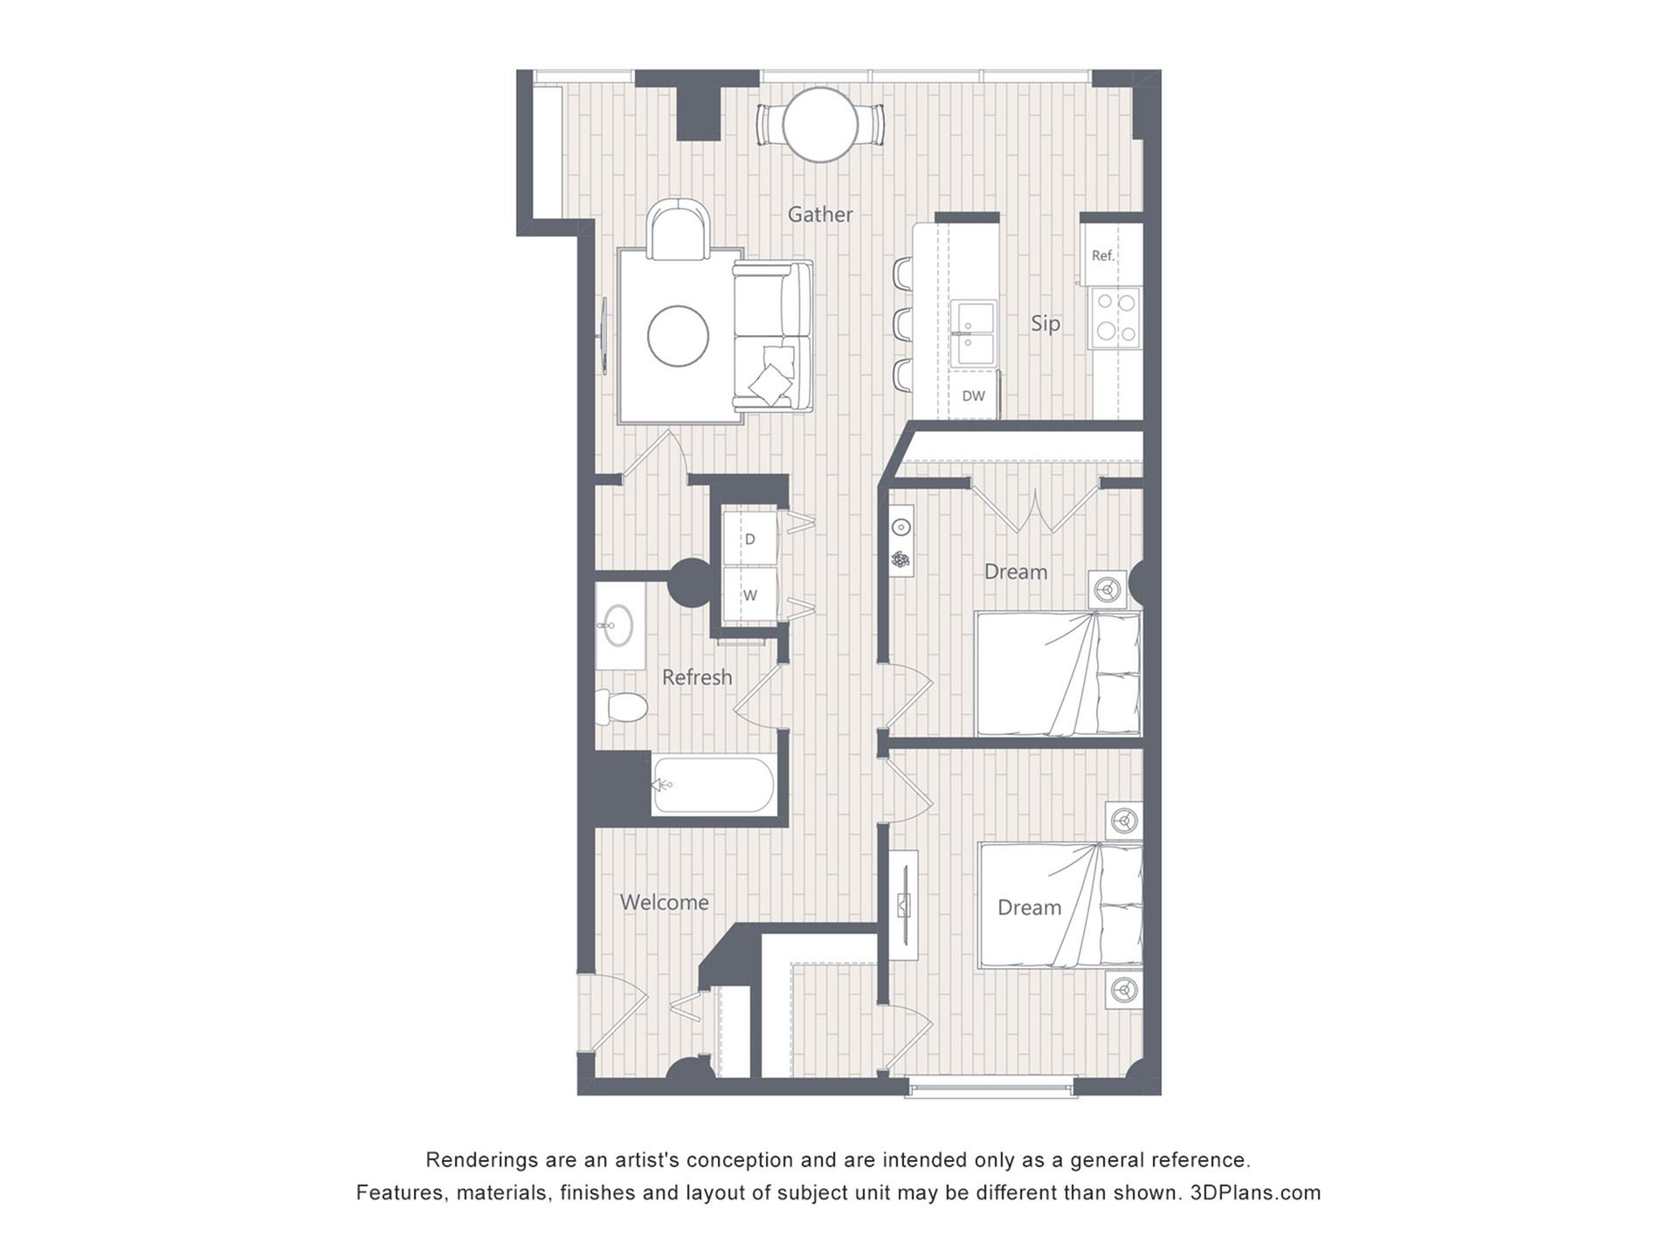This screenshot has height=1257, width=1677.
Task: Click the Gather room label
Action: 820,214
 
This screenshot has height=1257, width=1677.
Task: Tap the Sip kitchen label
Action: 1046,324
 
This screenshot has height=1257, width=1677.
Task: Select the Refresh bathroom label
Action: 697,677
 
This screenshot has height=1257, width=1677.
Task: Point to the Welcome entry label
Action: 665,903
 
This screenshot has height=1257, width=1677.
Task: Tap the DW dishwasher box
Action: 974,395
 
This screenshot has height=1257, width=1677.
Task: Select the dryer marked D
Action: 749,539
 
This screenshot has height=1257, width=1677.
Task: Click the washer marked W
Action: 749,595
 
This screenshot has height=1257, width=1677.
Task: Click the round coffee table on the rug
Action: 678,336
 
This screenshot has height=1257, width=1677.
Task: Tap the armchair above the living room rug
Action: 678,230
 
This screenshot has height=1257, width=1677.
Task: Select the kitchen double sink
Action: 973,333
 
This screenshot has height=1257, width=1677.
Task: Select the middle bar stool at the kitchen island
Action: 903,324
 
